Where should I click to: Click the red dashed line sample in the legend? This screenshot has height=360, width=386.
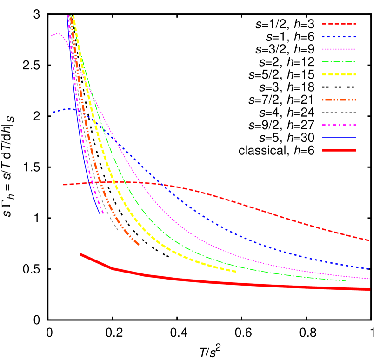(x=339, y=24)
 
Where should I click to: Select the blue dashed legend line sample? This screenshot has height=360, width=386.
(x=339, y=37)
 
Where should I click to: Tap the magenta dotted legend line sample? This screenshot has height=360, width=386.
(x=339, y=49)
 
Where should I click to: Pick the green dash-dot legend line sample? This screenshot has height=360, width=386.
(x=339, y=62)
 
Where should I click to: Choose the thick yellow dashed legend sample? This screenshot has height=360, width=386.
(x=339, y=74)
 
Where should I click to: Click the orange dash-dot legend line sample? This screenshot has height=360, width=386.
(x=339, y=100)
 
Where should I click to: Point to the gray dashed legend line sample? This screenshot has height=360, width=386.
(x=339, y=112)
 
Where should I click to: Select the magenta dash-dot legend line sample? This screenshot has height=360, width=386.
(x=339, y=125)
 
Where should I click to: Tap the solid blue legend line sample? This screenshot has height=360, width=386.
(x=339, y=138)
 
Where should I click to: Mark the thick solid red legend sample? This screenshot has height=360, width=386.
(x=339, y=150)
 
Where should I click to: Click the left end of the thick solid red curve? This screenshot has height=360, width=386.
(x=81, y=254)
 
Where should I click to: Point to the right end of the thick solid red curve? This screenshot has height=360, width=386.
(x=369, y=289)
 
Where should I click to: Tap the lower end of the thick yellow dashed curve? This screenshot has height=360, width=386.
(x=236, y=272)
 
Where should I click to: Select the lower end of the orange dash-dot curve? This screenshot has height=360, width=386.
(x=138, y=244)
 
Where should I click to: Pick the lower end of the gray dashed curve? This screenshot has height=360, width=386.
(x=118, y=230)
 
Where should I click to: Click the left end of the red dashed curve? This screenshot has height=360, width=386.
(x=64, y=185)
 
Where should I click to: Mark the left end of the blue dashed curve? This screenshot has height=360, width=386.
(x=53, y=113)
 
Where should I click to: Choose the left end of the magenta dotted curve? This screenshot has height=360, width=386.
(x=51, y=36)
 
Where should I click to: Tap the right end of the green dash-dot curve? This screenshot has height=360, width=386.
(x=346, y=281)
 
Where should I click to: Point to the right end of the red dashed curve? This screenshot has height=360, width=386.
(x=369, y=240)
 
